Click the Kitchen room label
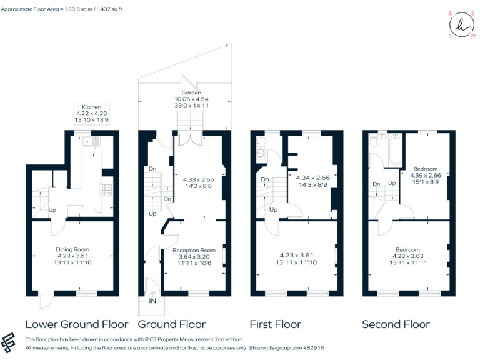click(x=83, y=107)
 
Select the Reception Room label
click(x=194, y=250)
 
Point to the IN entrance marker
click(x=152, y=301)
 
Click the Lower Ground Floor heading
click(x=77, y=324)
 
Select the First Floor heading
click(x=275, y=324)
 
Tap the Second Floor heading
click(x=396, y=324)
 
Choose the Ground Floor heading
click(x=171, y=324)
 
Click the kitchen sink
click(x=96, y=141)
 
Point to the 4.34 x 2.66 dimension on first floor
click(x=309, y=177)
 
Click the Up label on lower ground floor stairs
click(x=52, y=210)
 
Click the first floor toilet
click(x=260, y=153)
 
